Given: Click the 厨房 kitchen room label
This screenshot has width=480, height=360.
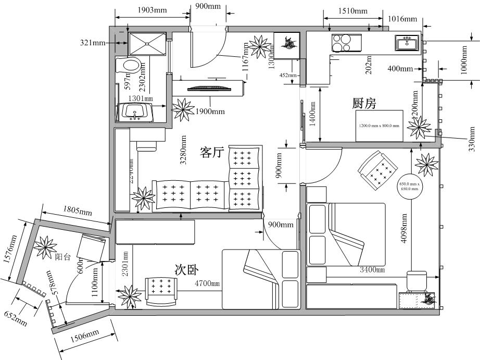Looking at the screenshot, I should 364,103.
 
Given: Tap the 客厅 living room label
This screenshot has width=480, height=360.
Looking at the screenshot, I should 211,153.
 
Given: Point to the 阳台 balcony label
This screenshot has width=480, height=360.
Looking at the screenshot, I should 64,256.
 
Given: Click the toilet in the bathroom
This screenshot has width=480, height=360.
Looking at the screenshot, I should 130,66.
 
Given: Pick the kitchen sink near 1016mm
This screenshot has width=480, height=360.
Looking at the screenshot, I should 407,43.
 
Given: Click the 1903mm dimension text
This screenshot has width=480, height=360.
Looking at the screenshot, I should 152,10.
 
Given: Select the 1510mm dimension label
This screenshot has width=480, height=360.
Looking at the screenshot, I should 352,11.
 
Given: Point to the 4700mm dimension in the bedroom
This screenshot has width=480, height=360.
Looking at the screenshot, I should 207,284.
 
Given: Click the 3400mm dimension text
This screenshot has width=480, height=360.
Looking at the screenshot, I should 372,270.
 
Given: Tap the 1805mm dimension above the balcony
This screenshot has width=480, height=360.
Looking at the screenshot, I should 78,211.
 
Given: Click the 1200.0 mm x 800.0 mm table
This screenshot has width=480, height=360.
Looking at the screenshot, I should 380,126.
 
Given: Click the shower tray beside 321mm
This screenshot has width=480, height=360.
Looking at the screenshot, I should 146,43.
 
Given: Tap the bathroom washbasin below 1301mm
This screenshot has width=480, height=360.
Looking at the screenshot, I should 137,111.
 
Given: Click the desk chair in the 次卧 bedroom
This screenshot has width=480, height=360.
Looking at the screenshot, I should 161,290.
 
